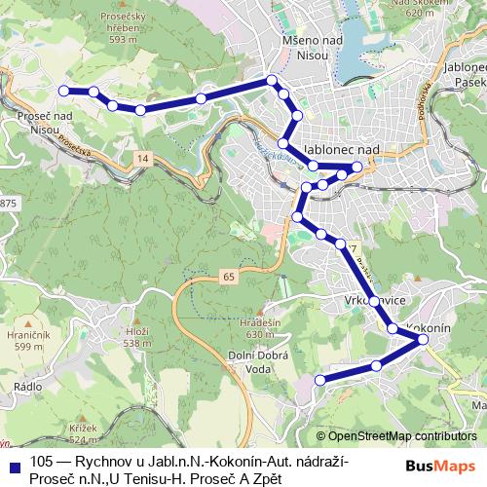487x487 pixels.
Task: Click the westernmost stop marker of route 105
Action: point(64,91)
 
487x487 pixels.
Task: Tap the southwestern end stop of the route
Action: point(320,379)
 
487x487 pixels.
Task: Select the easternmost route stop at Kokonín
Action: point(423,339)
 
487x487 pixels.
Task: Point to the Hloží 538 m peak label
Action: point(137,337)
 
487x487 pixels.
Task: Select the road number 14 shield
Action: point(142,158)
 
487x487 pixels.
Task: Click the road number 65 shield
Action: point(228,278)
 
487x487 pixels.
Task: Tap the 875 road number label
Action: point(9,202)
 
